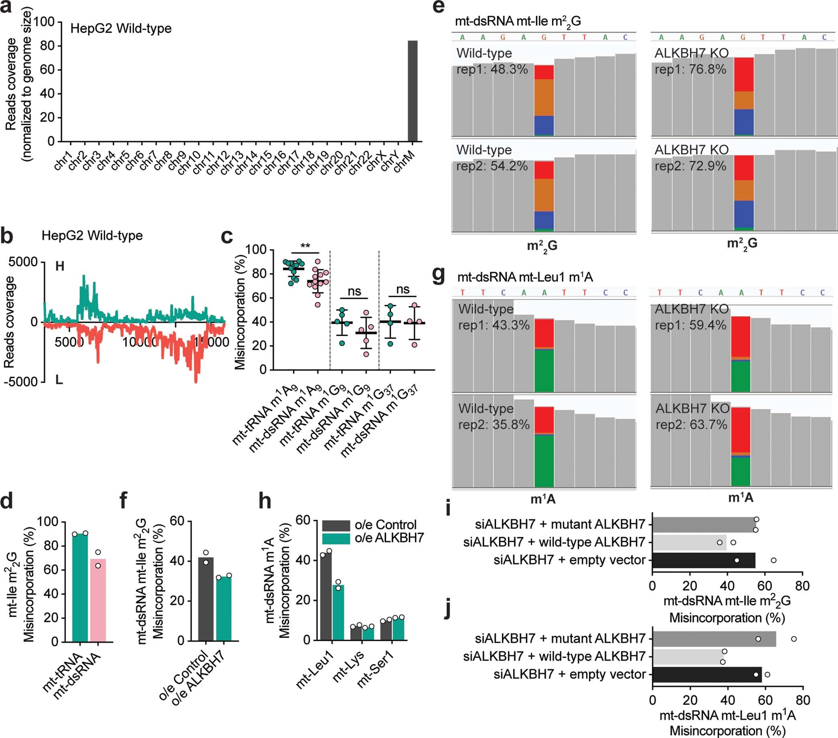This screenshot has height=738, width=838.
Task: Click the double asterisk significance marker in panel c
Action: (x=305, y=246)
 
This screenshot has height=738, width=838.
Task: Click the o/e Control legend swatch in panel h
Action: (x=336, y=525)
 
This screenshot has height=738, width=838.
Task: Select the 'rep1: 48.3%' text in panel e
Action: (x=492, y=69)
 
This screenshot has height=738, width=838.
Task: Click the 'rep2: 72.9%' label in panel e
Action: (x=690, y=166)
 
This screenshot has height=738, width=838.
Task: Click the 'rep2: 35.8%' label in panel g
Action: (x=494, y=425)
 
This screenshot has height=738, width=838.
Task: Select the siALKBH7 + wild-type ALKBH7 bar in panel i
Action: (x=689, y=542)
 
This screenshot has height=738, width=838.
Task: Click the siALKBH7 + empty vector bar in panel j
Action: (x=706, y=674)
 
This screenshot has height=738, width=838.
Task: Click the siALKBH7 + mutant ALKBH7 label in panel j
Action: (x=560, y=638)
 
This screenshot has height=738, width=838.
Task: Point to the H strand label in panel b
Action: (x=60, y=267)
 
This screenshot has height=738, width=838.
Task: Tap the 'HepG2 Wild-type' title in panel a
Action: (x=121, y=29)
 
